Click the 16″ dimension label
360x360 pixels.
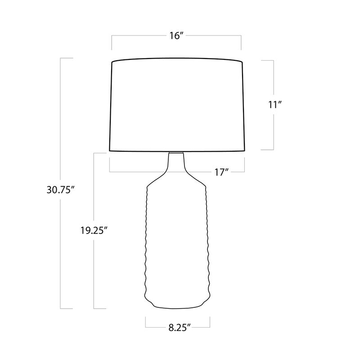pyautogui.click(x=176, y=36)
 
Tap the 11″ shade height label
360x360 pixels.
pyautogui.click(x=275, y=105)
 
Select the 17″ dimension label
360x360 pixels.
pyautogui.click(x=222, y=172)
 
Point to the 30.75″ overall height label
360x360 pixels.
pyautogui.click(x=61, y=189)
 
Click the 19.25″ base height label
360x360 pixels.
pyautogui.click(x=94, y=230)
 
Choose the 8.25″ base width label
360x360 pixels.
pyautogui.click(x=180, y=328)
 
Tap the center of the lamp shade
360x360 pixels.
pyautogui.click(x=177, y=105)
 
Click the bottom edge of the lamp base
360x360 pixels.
pyautogui.click(x=176, y=308)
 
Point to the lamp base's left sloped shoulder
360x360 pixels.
pyautogui.click(x=158, y=179)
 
